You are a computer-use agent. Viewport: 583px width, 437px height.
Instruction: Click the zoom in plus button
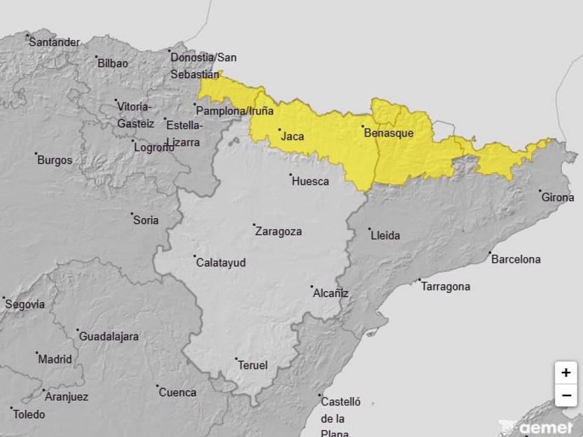(565, 372)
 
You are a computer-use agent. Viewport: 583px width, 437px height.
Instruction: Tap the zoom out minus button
(565, 395)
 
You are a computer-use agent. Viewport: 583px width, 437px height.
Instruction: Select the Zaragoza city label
(279, 231)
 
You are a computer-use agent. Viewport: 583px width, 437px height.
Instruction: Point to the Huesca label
(310, 181)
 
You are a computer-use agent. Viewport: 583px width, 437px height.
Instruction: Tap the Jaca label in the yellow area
(293, 136)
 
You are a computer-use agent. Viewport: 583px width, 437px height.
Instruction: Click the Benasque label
(389, 133)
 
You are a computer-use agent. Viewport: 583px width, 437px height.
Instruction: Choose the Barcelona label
(516, 259)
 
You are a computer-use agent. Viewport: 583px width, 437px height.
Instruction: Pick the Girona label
(558, 197)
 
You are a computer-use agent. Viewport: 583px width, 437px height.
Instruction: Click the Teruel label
(253, 365)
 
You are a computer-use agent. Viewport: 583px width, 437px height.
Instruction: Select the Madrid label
(55, 359)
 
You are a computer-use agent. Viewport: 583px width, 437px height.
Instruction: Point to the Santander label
(54, 42)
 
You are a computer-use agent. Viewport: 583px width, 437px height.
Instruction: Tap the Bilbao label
(112, 63)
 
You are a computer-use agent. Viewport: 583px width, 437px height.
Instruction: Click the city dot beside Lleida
(370, 229)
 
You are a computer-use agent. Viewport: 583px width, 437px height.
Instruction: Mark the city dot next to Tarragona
(420, 280)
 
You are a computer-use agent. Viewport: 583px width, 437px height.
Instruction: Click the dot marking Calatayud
(195, 256)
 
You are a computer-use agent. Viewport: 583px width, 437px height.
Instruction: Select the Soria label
(146, 220)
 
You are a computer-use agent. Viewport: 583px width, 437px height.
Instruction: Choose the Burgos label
(55, 159)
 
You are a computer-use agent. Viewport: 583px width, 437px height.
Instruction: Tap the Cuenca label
(177, 392)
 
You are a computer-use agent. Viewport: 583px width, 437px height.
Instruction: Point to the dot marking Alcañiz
(312, 287)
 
